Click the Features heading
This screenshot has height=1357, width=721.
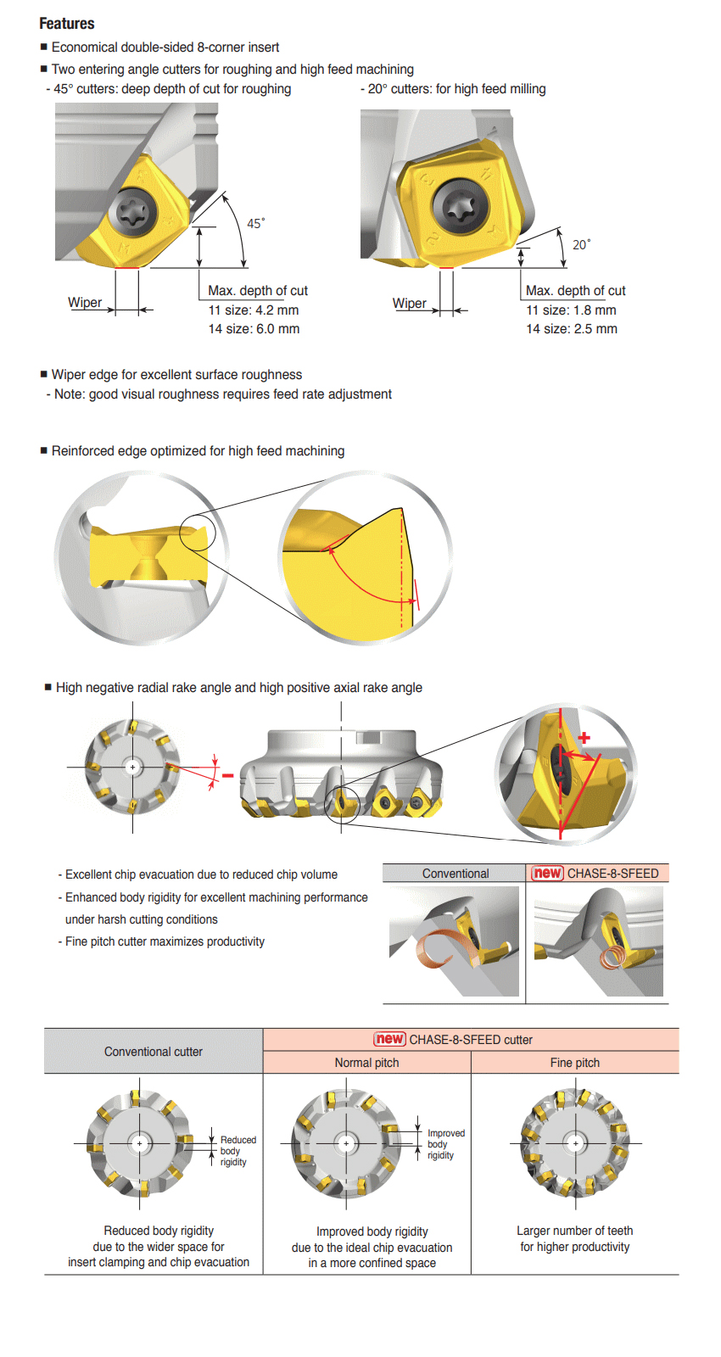click(x=67, y=24)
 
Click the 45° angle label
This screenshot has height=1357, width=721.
click(x=255, y=224)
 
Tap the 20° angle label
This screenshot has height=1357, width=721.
click(x=581, y=245)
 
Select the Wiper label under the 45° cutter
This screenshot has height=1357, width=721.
click(x=85, y=303)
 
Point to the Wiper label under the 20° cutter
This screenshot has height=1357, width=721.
click(x=410, y=304)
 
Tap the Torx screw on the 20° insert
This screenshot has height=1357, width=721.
click(x=461, y=206)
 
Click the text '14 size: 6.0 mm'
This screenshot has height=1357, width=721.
click(x=254, y=329)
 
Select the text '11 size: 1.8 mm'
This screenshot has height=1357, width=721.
click(x=571, y=310)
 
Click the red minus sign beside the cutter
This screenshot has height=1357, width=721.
click(x=227, y=775)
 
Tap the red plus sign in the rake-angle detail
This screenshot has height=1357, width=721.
click(x=584, y=737)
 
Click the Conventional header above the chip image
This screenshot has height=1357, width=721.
click(x=456, y=874)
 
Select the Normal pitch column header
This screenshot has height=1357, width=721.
click(x=366, y=1063)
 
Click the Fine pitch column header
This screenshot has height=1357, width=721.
click(x=574, y=1063)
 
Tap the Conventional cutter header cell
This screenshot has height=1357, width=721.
click(x=154, y=1052)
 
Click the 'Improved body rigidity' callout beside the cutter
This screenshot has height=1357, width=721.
click(x=446, y=1144)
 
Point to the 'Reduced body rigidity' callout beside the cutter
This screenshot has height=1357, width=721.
click(x=238, y=1151)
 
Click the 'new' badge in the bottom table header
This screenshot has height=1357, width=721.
click(x=390, y=1039)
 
